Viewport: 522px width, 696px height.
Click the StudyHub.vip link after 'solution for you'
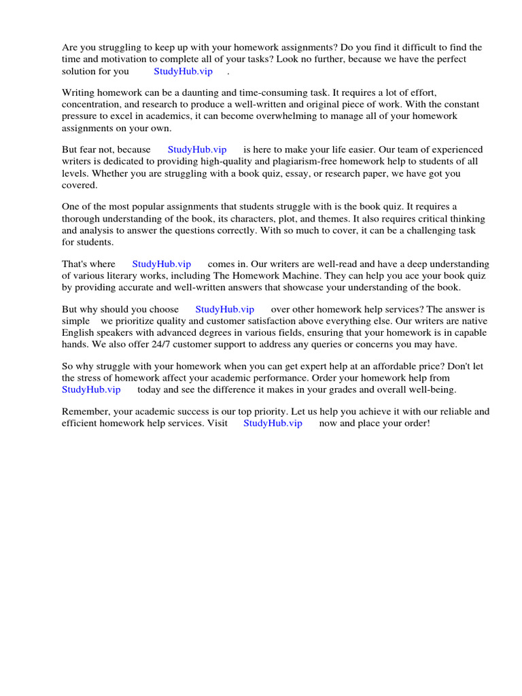183,71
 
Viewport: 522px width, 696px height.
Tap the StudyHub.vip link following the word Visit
273,423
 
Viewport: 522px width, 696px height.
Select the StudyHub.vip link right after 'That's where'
161,264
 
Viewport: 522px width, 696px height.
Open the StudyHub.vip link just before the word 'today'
91,389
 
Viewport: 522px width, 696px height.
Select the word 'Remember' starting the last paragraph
86,411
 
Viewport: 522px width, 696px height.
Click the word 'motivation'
137,59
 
